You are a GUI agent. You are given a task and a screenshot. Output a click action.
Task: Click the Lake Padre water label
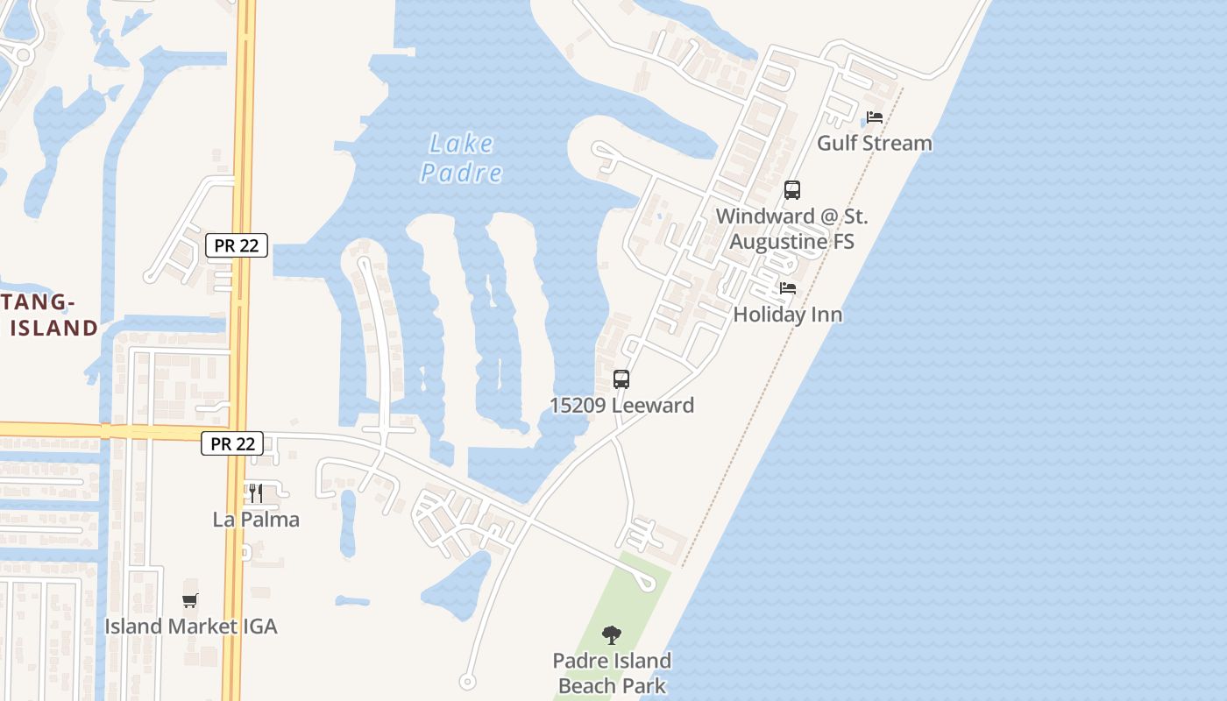tap(462, 158)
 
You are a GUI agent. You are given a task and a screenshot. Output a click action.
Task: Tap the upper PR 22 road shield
tap(237, 245)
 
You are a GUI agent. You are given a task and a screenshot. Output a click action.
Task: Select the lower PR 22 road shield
tap(232, 443)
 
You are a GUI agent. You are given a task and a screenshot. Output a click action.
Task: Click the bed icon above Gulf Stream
tap(875, 117)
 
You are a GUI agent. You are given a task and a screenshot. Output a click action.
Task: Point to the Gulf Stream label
tap(875, 143)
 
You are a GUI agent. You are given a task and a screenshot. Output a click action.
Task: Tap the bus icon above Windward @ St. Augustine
tap(792, 190)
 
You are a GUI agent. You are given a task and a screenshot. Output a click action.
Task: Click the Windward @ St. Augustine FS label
tap(791, 229)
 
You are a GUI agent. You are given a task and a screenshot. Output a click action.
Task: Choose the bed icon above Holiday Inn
tap(788, 288)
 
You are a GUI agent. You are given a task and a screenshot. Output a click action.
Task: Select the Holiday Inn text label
tap(788, 314)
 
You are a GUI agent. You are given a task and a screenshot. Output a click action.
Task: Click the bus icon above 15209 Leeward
tap(621, 379)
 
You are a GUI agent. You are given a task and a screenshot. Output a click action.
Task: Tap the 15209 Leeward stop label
tap(621, 405)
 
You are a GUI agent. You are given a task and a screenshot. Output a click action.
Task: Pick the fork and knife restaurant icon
tap(256, 493)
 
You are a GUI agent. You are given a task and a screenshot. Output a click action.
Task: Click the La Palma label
tap(256, 519)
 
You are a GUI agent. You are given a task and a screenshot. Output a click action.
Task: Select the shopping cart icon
tap(190, 600)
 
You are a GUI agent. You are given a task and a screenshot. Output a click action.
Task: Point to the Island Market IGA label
tap(190, 626)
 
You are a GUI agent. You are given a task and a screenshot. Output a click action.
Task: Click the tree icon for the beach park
tap(612, 634)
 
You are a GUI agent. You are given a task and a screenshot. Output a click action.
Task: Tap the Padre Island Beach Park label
tap(612, 673)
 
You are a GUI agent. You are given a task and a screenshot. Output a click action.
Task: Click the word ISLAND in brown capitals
tap(53, 328)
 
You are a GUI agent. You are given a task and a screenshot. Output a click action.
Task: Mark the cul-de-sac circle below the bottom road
tap(467, 682)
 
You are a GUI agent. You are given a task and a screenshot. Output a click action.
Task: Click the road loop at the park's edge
tap(648, 584)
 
